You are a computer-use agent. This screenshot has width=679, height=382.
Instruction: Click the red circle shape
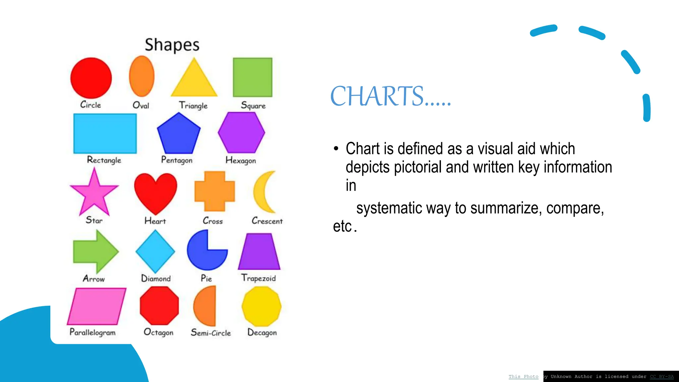[91, 78]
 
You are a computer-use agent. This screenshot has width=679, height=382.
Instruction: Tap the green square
[253, 77]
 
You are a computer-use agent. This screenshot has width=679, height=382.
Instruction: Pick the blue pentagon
[179, 134]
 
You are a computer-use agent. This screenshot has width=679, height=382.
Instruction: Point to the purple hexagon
[241, 132]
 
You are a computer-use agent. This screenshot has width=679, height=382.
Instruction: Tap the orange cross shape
[215, 191]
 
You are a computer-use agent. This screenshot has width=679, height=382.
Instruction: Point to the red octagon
[159, 306]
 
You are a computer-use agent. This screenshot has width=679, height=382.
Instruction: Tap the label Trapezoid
[258, 278]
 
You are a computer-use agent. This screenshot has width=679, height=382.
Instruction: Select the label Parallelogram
[93, 332]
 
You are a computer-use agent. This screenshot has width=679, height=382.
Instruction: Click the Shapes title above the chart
[172, 45]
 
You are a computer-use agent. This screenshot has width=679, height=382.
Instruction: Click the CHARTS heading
[391, 96]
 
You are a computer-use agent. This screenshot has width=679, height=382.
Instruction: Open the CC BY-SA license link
[662, 377]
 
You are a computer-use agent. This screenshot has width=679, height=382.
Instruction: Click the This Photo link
[524, 377]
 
